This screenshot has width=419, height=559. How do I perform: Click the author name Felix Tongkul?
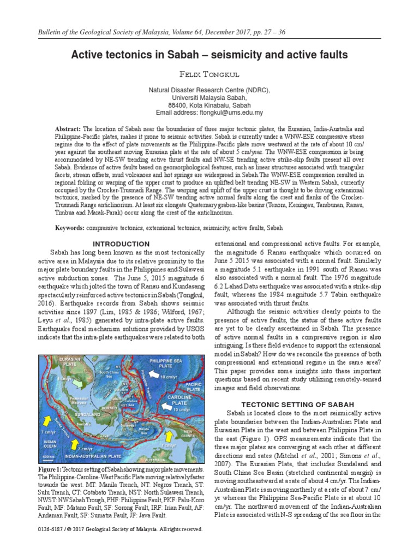pos(209,74)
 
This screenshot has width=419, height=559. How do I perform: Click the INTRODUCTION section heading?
pos(121,244)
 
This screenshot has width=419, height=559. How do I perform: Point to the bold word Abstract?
pos(68,128)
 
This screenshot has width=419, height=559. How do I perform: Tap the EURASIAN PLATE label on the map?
pos(63,362)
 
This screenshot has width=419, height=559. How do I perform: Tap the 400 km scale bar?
pos(48,455)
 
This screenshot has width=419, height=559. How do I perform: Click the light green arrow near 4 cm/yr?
pos(77,386)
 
